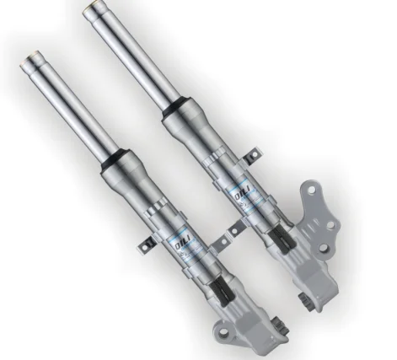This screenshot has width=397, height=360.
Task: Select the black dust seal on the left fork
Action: (115, 163)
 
